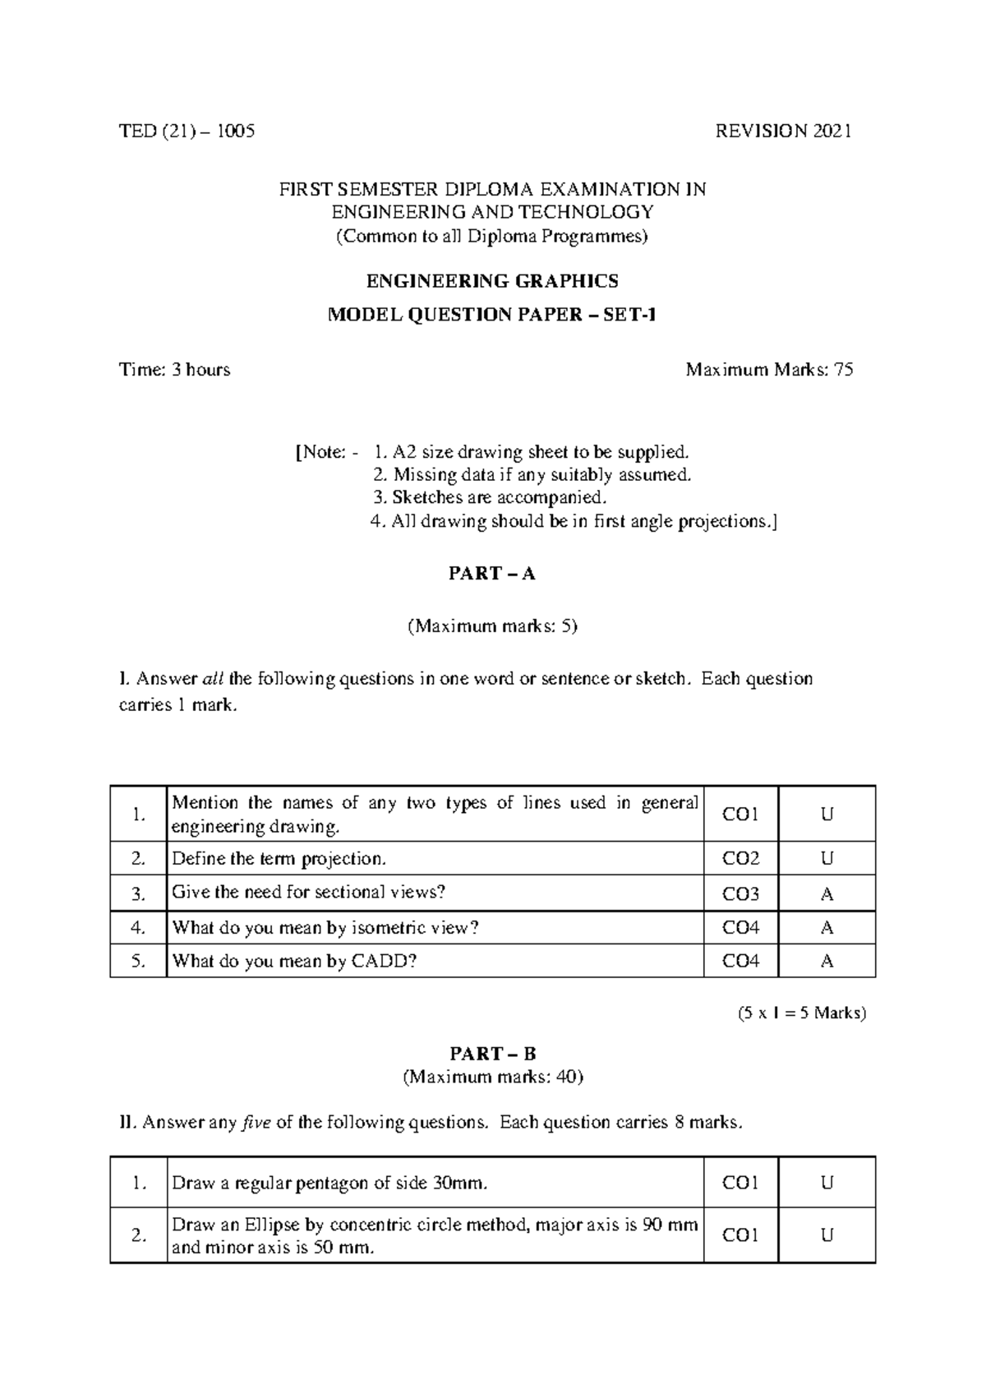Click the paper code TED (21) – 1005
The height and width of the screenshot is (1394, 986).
tap(187, 131)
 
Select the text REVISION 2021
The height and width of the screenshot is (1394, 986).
tap(784, 131)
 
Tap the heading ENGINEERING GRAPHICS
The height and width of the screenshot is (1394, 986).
tap(492, 281)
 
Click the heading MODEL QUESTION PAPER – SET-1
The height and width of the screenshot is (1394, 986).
tap(492, 315)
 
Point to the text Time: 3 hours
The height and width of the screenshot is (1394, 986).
tap(175, 369)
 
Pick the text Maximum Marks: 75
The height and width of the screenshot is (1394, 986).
tap(769, 369)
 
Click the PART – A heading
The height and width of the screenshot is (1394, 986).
tap(492, 574)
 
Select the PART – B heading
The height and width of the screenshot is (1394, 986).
tap(492, 1054)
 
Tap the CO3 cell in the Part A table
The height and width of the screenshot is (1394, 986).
tap(740, 893)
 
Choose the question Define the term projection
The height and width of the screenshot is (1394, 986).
tap(279, 859)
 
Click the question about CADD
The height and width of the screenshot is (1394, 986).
tap(294, 961)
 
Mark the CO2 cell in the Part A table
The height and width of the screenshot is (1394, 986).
tap(740, 859)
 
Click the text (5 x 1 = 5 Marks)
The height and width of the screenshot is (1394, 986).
tap(802, 1013)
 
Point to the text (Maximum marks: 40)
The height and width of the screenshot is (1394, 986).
tap(492, 1077)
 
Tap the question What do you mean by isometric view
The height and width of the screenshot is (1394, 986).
tap(325, 928)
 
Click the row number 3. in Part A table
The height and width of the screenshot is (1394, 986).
tap(138, 893)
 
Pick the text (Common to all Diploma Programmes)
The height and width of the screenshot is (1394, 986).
tap(492, 237)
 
